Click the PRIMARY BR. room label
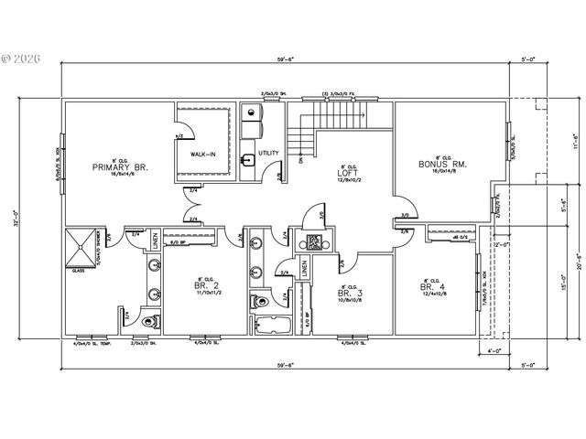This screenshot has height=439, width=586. click(120, 167)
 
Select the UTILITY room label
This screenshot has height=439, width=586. click(268, 153)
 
